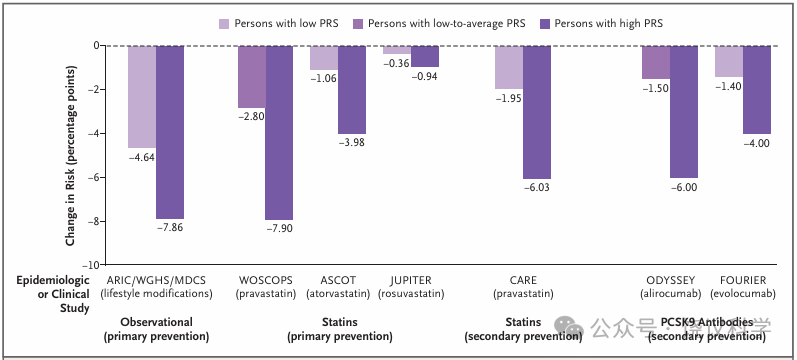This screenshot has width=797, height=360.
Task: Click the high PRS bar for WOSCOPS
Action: (x=279, y=133)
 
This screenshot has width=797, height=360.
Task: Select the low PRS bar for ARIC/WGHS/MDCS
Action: (x=142, y=97)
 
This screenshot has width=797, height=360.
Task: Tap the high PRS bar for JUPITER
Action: (x=425, y=56)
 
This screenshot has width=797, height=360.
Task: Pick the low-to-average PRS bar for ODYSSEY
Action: (x=656, y=62)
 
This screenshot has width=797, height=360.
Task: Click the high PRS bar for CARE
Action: (x=537, y=112)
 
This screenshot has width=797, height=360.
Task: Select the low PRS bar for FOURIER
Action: (x=729, y=61)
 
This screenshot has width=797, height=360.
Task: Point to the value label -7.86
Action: (x=170, y=227)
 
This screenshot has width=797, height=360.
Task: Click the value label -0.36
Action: (x=396, y=64)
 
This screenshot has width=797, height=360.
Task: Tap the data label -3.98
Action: (x=352, y=142)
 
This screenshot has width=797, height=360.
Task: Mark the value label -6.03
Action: (x=537, y=188)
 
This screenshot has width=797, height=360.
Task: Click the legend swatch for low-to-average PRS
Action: (x=358, y=23)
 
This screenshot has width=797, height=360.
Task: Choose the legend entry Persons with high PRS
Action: (x=603, y=23)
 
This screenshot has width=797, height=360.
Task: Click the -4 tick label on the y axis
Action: (x=95, y=133)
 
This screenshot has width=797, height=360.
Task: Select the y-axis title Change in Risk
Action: (x=70, y=156)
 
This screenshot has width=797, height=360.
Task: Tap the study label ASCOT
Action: (x=338, y=280)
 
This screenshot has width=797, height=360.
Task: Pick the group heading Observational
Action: (x=157, y=322)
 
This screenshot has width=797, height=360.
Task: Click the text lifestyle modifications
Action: (x=157, y=294)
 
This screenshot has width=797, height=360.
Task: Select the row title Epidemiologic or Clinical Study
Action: (x=53, y=294)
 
